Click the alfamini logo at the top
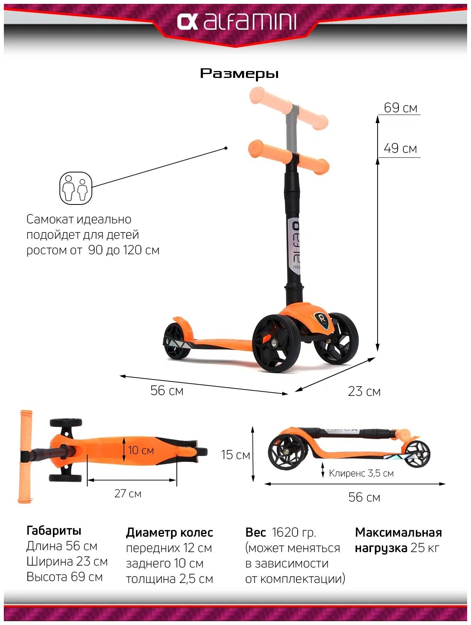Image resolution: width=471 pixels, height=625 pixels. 236,22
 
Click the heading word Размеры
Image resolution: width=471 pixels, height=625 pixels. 239,73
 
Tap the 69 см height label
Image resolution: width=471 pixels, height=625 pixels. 400,108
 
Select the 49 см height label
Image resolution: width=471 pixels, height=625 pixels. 400,148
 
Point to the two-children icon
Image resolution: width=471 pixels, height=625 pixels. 76,188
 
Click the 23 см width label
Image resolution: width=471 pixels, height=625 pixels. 364,391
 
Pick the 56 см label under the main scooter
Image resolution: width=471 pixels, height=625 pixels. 167,390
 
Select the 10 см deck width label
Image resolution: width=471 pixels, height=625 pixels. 141,450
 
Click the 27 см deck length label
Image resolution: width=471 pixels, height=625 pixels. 128,493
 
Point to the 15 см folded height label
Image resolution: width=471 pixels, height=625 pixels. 235,454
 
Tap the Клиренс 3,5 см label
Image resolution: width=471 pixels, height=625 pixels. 361,473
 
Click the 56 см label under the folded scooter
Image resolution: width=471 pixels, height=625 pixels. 364,497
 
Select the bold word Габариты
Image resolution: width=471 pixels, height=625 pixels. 54,530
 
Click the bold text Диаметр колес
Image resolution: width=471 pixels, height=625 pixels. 169,532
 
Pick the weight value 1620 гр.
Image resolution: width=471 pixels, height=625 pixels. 294,532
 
